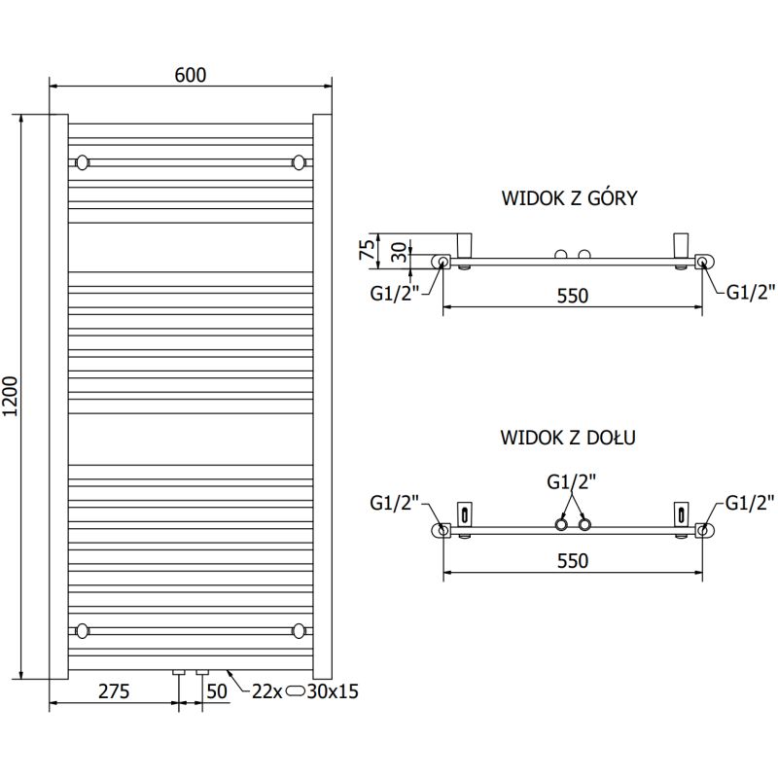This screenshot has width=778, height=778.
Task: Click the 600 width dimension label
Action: (191, 75)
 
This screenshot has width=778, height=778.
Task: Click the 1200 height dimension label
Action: (12, 397)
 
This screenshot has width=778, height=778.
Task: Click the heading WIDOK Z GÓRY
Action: (569, 198)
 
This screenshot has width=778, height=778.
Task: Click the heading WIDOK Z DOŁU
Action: (569, 438)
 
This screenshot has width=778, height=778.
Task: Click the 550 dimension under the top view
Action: (572, 296)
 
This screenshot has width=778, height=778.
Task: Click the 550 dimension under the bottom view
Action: (572, 560)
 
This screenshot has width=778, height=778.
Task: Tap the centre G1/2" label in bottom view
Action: (572, 481)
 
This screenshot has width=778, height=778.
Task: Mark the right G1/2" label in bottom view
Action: (751, 502)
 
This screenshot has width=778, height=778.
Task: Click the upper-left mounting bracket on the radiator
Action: (83, 160)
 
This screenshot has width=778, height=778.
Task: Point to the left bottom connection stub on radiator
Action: (179, 672)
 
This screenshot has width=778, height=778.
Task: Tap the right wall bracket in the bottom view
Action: (680, 513)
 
